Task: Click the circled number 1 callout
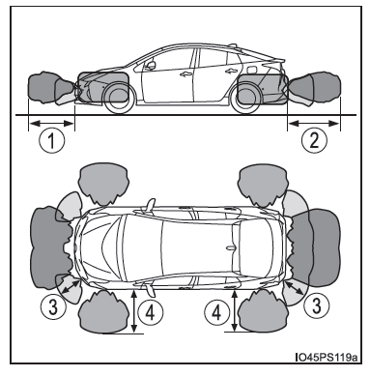pos(52,140)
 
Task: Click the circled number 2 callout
pos(314,140)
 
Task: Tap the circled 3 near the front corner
pos(53,307)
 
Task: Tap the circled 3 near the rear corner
pos(317,306)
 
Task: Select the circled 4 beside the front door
pos(151,312)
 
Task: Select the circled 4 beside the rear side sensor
pos(216,312)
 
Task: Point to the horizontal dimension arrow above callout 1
pos(52,123)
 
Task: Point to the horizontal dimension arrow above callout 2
pos(314,123)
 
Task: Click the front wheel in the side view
pos(118,98)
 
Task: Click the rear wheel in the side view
pos(245,98)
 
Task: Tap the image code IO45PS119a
pos(326,357)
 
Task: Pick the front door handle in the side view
pos(185,74)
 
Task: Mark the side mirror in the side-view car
pos(150,66)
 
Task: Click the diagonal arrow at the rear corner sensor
pos(295,288)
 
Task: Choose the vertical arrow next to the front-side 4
pos(134,310)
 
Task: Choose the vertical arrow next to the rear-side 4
pos(235,310)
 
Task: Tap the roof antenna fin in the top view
pos(232,247)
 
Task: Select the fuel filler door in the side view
pos(253,70)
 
